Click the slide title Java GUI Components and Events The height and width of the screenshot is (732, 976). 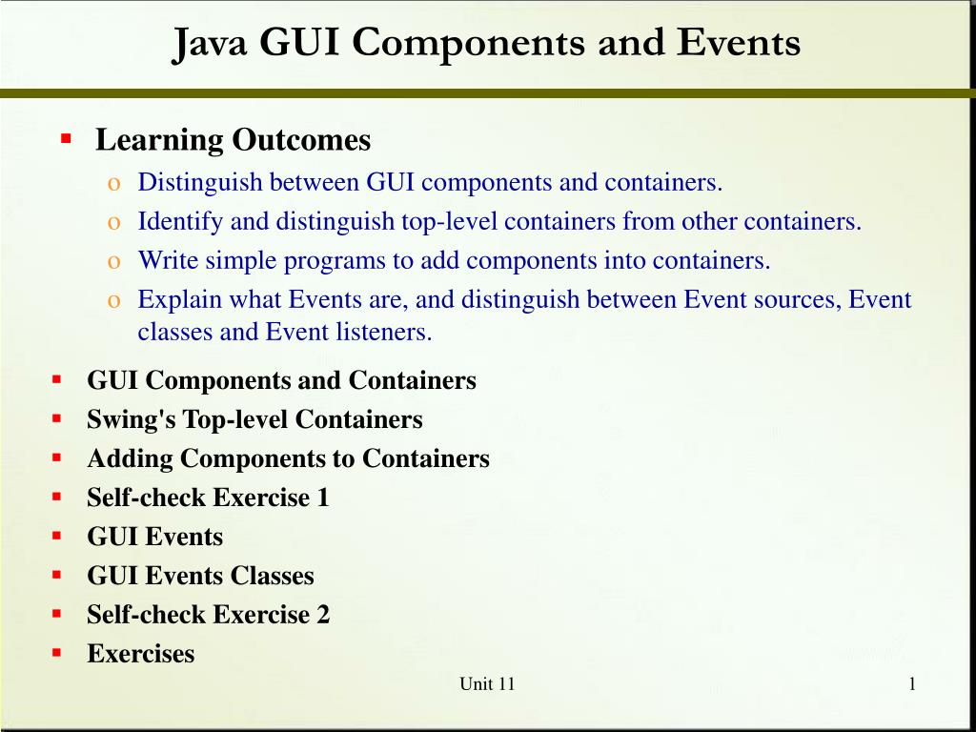point(486,43)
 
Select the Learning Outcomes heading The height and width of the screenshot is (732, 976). point(233,140)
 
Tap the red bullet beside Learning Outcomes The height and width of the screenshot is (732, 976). point(66,138)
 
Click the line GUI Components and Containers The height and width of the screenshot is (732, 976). point(281,380)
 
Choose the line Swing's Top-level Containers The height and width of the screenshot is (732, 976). point(254,419)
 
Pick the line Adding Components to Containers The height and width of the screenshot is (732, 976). point(288,458)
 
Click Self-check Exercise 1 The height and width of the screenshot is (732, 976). point(208,498)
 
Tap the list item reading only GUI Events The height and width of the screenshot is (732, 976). point(154,537)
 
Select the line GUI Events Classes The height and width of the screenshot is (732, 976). point(200,576)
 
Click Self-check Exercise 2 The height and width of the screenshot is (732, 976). point(208,615)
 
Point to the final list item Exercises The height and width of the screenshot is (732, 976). point(140,654)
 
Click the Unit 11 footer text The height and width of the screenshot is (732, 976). point(487,683)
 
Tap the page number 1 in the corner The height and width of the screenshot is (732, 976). point(912,682)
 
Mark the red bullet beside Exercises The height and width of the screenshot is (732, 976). point(57,653)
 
